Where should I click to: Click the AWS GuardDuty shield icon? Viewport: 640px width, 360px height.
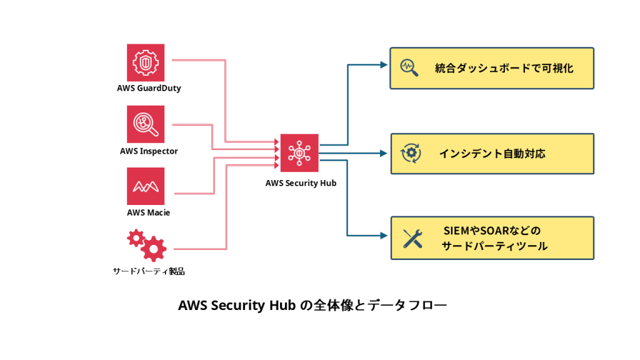(x=146, y=62)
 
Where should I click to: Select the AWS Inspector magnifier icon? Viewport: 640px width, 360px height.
(x=146, y=124)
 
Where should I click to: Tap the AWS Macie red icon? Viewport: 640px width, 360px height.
(x=146, y=186)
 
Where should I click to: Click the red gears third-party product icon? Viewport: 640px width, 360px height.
(x=147, y=245)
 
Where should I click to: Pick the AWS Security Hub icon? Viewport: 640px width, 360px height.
(x=299, y=153)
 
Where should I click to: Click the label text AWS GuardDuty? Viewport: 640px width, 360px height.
(x=149, y=88)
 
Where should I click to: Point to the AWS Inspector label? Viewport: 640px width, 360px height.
(x=149, y=151)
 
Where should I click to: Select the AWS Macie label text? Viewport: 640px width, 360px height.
(x=148, y=212)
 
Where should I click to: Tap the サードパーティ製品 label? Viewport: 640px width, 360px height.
(x=149, y=271)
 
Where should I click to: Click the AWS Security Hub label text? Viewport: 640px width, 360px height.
(x=301, y=183)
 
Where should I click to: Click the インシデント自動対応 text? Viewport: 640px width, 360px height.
(x=492, y=153)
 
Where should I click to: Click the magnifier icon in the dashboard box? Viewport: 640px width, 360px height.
(x=410, y=67)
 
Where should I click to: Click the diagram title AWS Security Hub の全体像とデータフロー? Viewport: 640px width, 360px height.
(x=312, y=306)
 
